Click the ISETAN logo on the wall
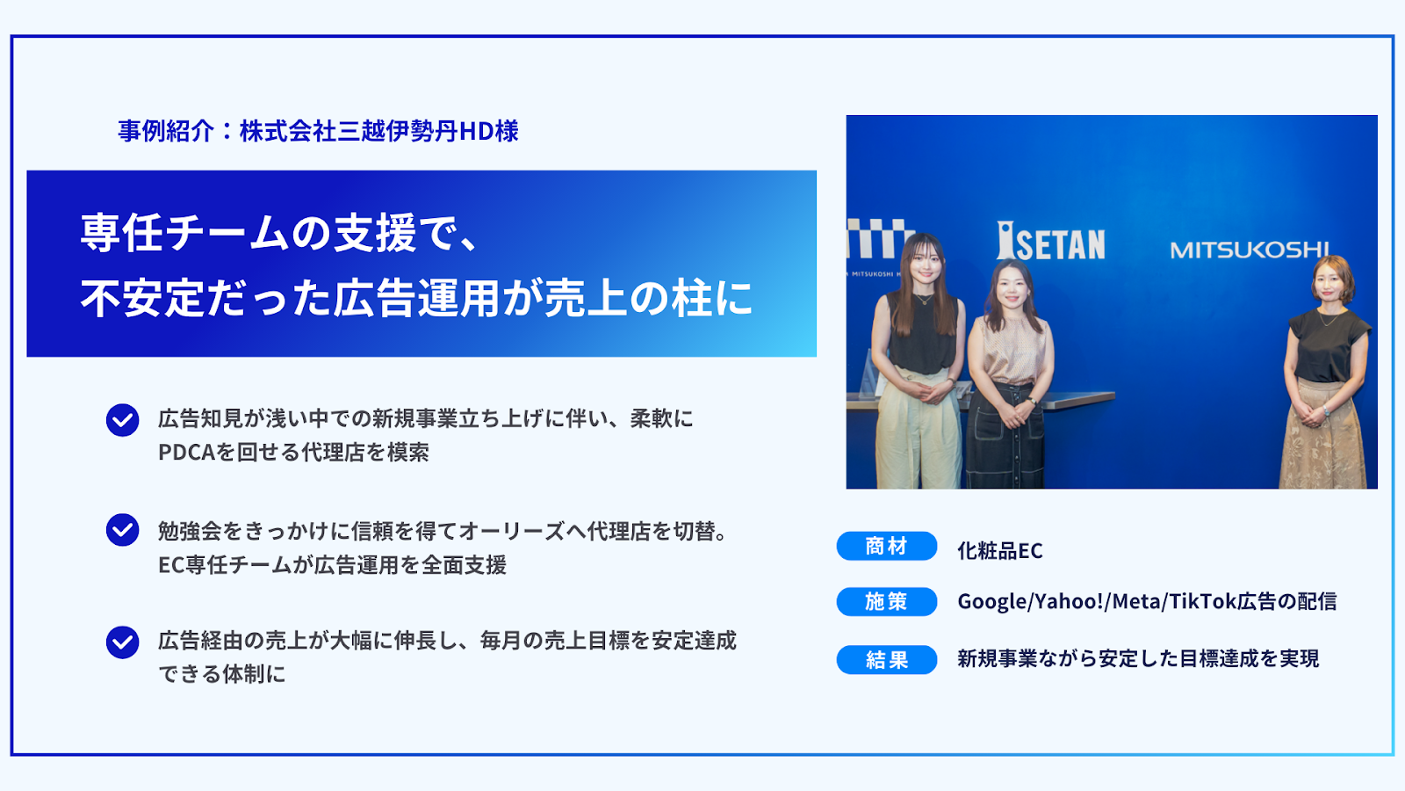point(1050,241)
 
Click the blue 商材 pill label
point(886,546)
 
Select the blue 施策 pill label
point(886,601)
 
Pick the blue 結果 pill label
point(886,659)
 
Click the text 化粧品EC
point(1000,550)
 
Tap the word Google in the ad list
point(992,601)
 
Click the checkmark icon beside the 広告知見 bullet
point(122,420)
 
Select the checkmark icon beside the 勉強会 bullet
point(122,530)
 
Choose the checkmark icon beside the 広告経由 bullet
point(122,642)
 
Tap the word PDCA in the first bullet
point(186,452)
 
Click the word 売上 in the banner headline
point(585,298)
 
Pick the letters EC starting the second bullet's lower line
point(171,565)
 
